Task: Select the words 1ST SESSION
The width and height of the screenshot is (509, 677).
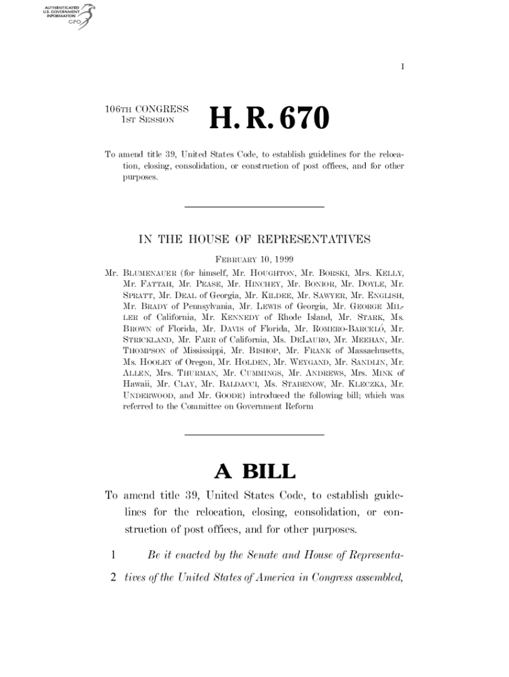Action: tap(147, 120)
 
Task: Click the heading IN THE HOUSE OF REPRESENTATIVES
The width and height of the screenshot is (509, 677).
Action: tap(255, 239)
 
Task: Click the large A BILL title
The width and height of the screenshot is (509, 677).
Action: tap(255, 472)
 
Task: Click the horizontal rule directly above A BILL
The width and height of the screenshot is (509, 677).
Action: tap(255, 435)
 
